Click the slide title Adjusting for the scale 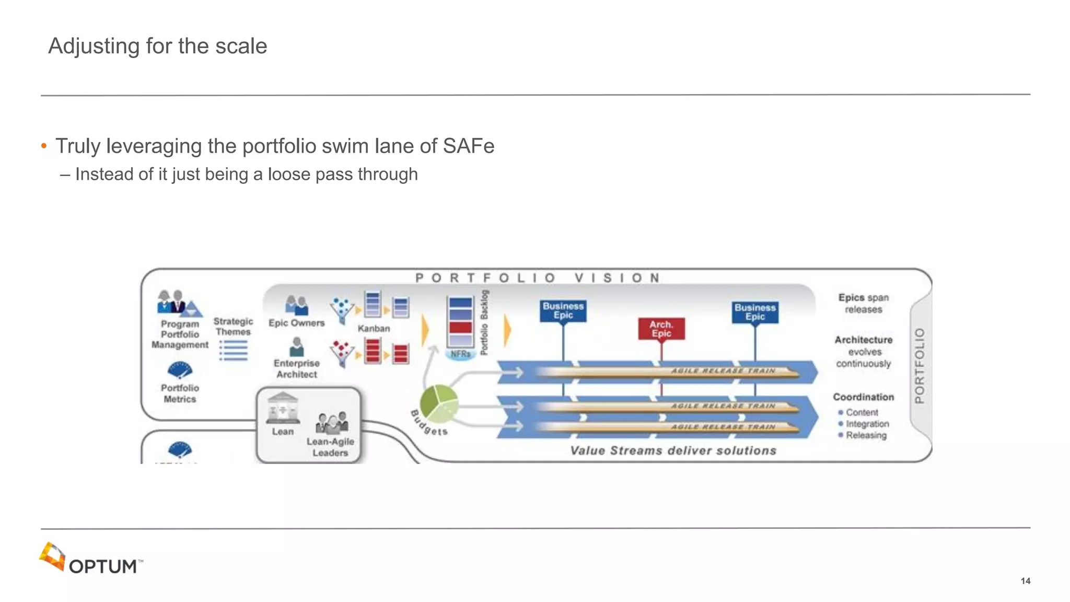click(x=157, y=46)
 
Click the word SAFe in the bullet click(x=468, y=146)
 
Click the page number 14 click(x=1025, y=581)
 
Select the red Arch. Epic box click(x=661, y=329)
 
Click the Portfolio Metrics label click(x=180, y=393)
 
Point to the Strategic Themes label click(x=233, y=327)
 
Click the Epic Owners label click(x=296, y=323)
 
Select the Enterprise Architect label click(x=296, y=369)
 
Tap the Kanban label click(x=374, y=329)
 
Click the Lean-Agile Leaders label click(x=330, y=447)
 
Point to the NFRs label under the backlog click(x=460, y=354)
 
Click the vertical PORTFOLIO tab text click(x=920, y=365)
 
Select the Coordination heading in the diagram click(x=863, y=397)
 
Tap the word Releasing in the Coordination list click(x=866, y=435)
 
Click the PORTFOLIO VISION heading click(x=538, y=278)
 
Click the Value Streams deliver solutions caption click(x=673, y=450)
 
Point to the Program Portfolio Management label click(x=180, y=334)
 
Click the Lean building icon click(x=283, y=408)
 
